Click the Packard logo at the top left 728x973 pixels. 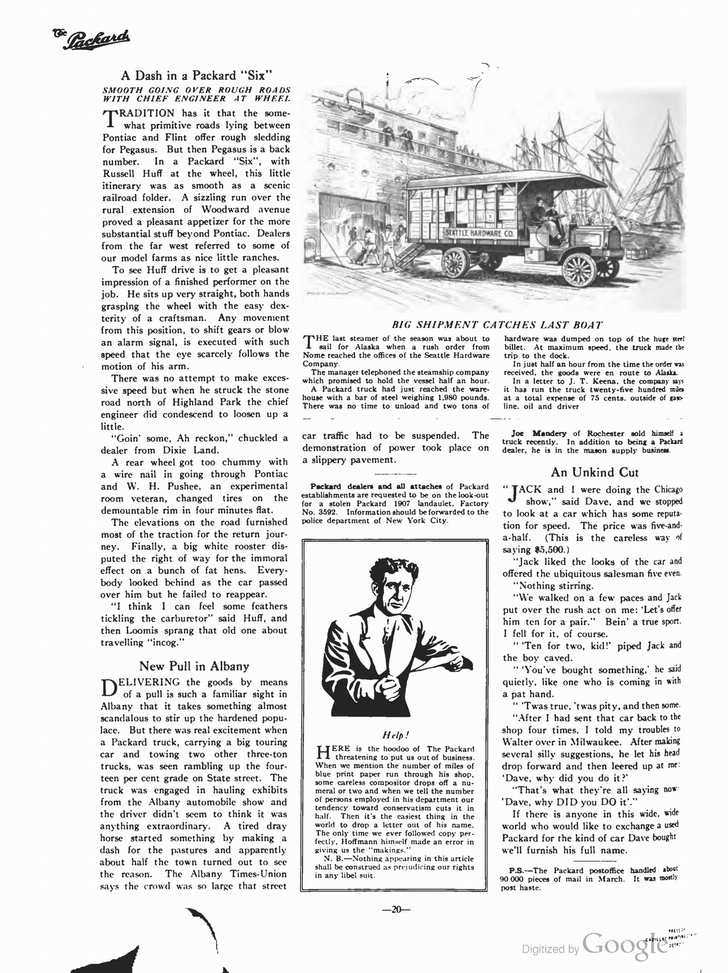click(x=86, y=41)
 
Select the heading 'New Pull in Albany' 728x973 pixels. click(x=194, y=666)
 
